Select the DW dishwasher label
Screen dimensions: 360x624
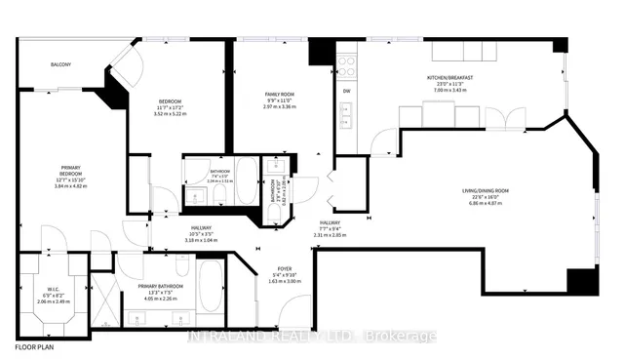point(346,94)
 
